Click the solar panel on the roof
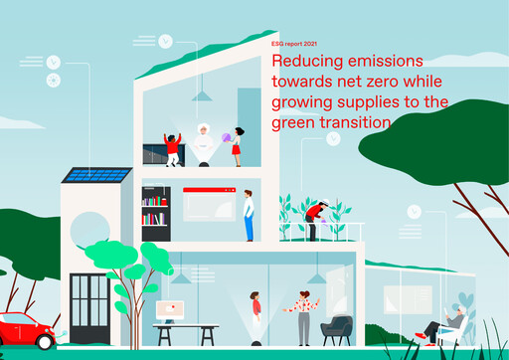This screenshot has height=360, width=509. [x=95, y=175]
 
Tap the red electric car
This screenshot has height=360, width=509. [x=24, y=329]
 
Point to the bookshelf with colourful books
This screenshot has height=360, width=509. [x=155, y=210]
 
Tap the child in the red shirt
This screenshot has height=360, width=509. [x=173, y=149]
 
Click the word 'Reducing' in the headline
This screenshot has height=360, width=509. [x=301, y=63]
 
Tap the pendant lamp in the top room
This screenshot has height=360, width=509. [x=203, y=95]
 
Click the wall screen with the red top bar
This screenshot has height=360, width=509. [x=208, y=204]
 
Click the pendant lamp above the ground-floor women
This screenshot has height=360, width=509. [x=314, y=275]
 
